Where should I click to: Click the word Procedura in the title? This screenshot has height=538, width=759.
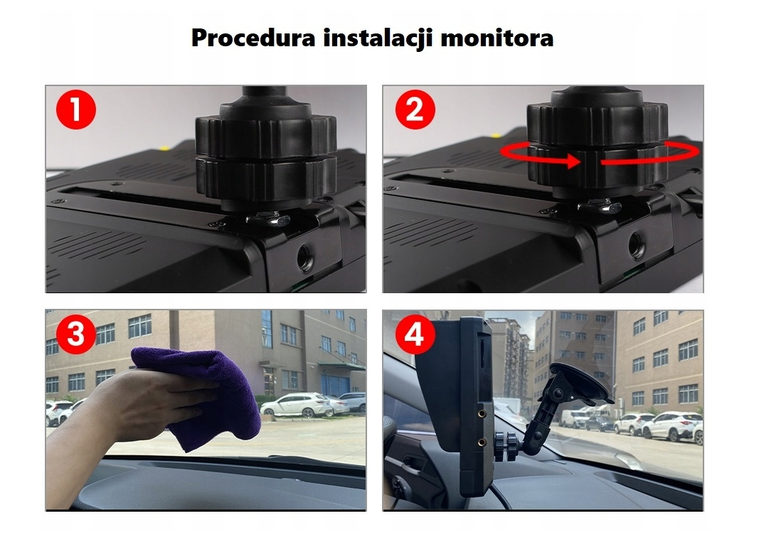[x=253, y=38]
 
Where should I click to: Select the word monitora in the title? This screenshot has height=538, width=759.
[x=497, y=38]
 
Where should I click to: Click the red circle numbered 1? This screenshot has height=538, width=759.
[x=76, y=109]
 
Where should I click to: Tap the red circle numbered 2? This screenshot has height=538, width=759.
[x=415, y=110]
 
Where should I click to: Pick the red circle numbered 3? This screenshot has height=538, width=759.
[x=76, y=334]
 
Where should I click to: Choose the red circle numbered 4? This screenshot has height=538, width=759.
[x=414, y=334]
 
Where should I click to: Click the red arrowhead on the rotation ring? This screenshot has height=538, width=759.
[x=574, y=161]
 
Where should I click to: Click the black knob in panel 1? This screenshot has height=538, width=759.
[x=266, y=150]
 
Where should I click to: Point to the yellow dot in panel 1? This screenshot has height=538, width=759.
[x=164, y=147]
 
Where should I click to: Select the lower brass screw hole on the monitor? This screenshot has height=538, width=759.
[x=482, y=443]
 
